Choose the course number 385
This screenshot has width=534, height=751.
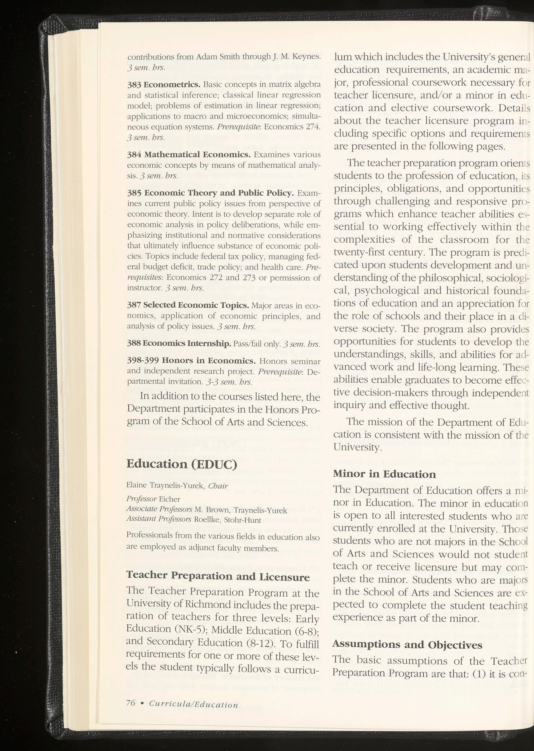pos(134,193)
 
